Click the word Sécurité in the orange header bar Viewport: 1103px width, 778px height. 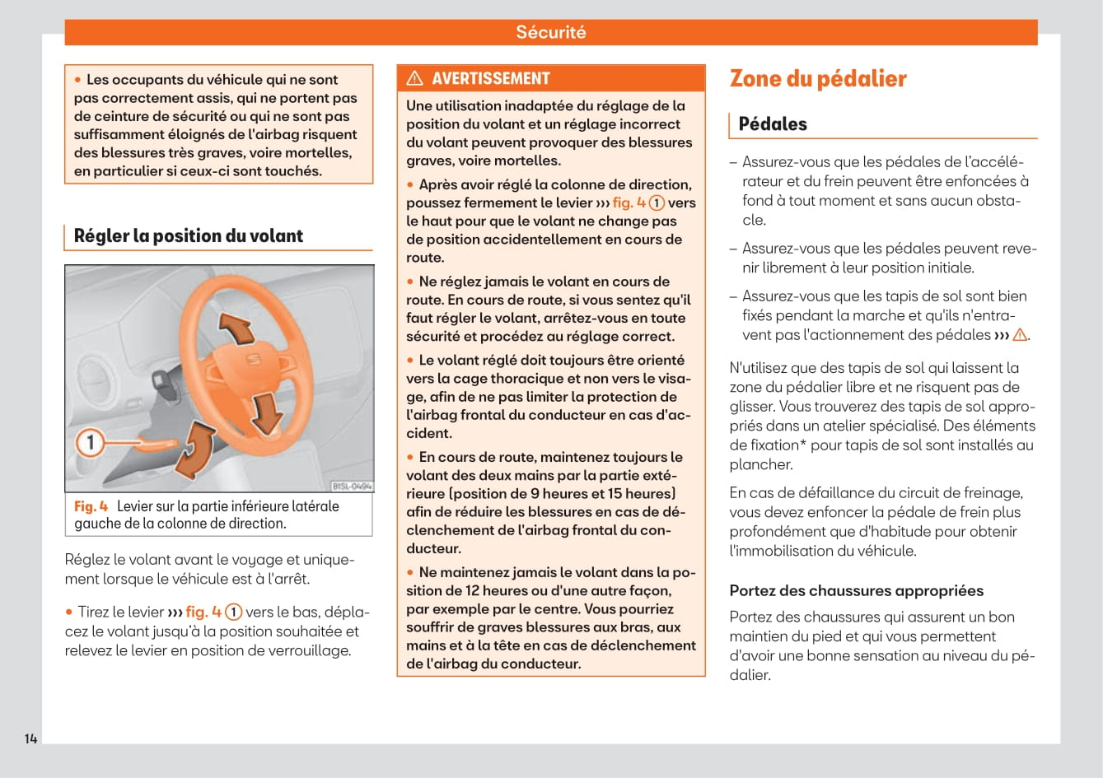[550, 32]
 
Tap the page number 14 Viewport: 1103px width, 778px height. [30, 738]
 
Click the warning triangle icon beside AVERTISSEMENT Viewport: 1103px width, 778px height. [415, 78]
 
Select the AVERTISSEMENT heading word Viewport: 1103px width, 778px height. [490, 78]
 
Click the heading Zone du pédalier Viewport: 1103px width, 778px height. [817, 78]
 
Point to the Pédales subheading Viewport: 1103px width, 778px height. [772, 124]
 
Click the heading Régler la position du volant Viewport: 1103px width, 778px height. [188, 235]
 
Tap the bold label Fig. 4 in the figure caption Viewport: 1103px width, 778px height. [91, 506]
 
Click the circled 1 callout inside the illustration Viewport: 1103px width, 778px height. [91, 443]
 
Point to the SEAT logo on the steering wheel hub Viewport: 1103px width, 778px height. [254, 359]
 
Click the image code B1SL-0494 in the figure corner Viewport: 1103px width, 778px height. [351, 487]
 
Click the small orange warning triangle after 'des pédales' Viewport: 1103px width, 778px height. [1020, 335]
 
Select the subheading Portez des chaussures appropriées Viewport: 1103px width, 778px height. [856, 590]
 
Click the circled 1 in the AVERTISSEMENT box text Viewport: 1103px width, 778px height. [657, 203]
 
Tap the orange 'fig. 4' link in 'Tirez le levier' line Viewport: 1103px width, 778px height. [203, 612]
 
